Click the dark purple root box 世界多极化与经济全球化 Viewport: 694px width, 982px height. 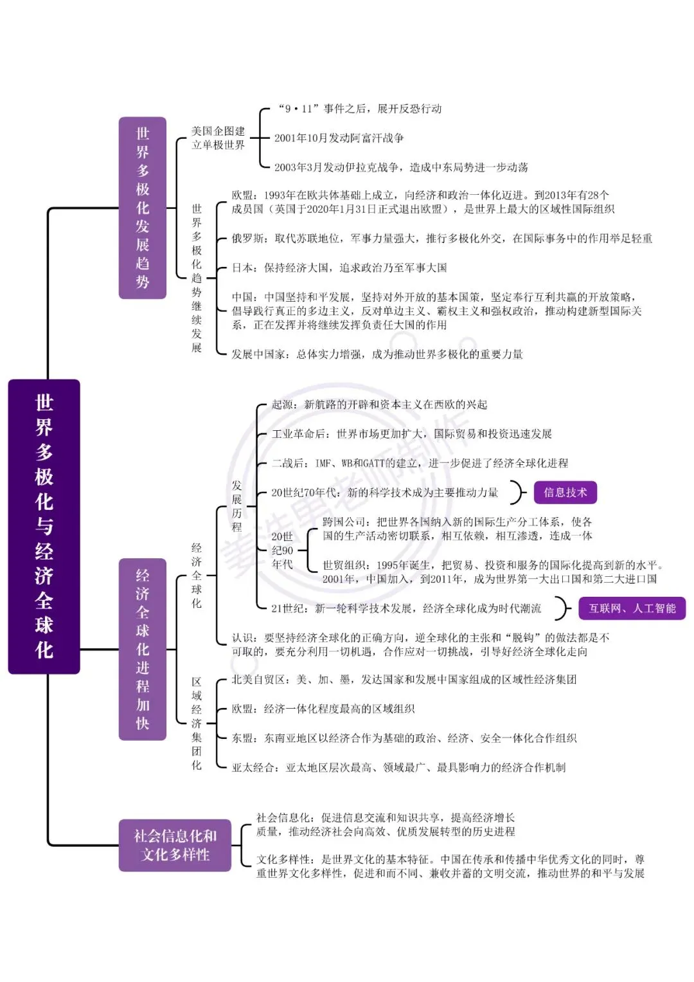pos(44,526)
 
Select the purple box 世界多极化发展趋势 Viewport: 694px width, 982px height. pos(143,208)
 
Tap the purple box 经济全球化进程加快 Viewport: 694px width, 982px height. pos(143,650)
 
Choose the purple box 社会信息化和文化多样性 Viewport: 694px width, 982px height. pos(175,845)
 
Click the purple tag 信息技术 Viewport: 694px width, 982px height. pos(565,493)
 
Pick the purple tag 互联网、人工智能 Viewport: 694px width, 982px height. pos(632,608)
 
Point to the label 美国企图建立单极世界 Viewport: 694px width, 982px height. pos(218,138)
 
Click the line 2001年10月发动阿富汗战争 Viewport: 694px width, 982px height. pos(339,138)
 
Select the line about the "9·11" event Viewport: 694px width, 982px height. pos(359,109)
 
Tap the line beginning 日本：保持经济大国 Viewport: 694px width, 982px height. pos(339,268)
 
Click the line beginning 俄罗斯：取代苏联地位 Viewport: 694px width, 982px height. pos(441,238)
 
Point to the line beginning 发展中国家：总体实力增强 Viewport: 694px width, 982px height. pos(377,354)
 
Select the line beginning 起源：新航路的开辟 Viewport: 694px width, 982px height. pos(379,405)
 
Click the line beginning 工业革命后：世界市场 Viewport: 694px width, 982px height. pos(411,433)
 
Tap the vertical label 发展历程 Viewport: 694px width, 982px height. pos(236,506)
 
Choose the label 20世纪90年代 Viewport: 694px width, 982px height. pos(282,550)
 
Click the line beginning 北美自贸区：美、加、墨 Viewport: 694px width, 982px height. pos(404,680)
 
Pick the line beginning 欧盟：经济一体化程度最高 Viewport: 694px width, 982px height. pos(323,709)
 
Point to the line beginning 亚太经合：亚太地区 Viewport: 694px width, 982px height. pos(398,767)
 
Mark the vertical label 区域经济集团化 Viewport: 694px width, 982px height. pos(196,723)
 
